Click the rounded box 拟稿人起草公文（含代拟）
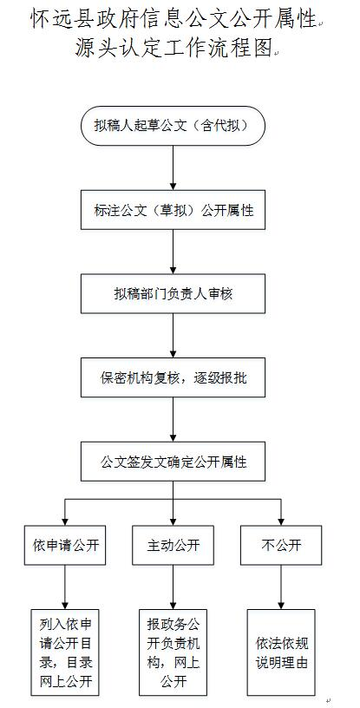point(173,126)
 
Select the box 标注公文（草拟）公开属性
point(173,209)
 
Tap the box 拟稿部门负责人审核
point(173,293)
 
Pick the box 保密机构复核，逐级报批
point(173,377)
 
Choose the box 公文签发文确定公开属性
point(173,461)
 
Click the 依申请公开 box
point(65,545)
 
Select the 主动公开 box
point(173,545)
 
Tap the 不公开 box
point(281,545)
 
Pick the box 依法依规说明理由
point(281,652)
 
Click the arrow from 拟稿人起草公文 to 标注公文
point(173,167)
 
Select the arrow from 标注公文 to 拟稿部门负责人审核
point(173,252)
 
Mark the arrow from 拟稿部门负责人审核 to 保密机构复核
point(173,336)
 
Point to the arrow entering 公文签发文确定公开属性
point(173,419)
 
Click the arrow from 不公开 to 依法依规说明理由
point(281,587)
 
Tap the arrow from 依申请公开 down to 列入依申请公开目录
point(65,587)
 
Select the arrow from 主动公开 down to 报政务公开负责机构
point(173,587)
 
